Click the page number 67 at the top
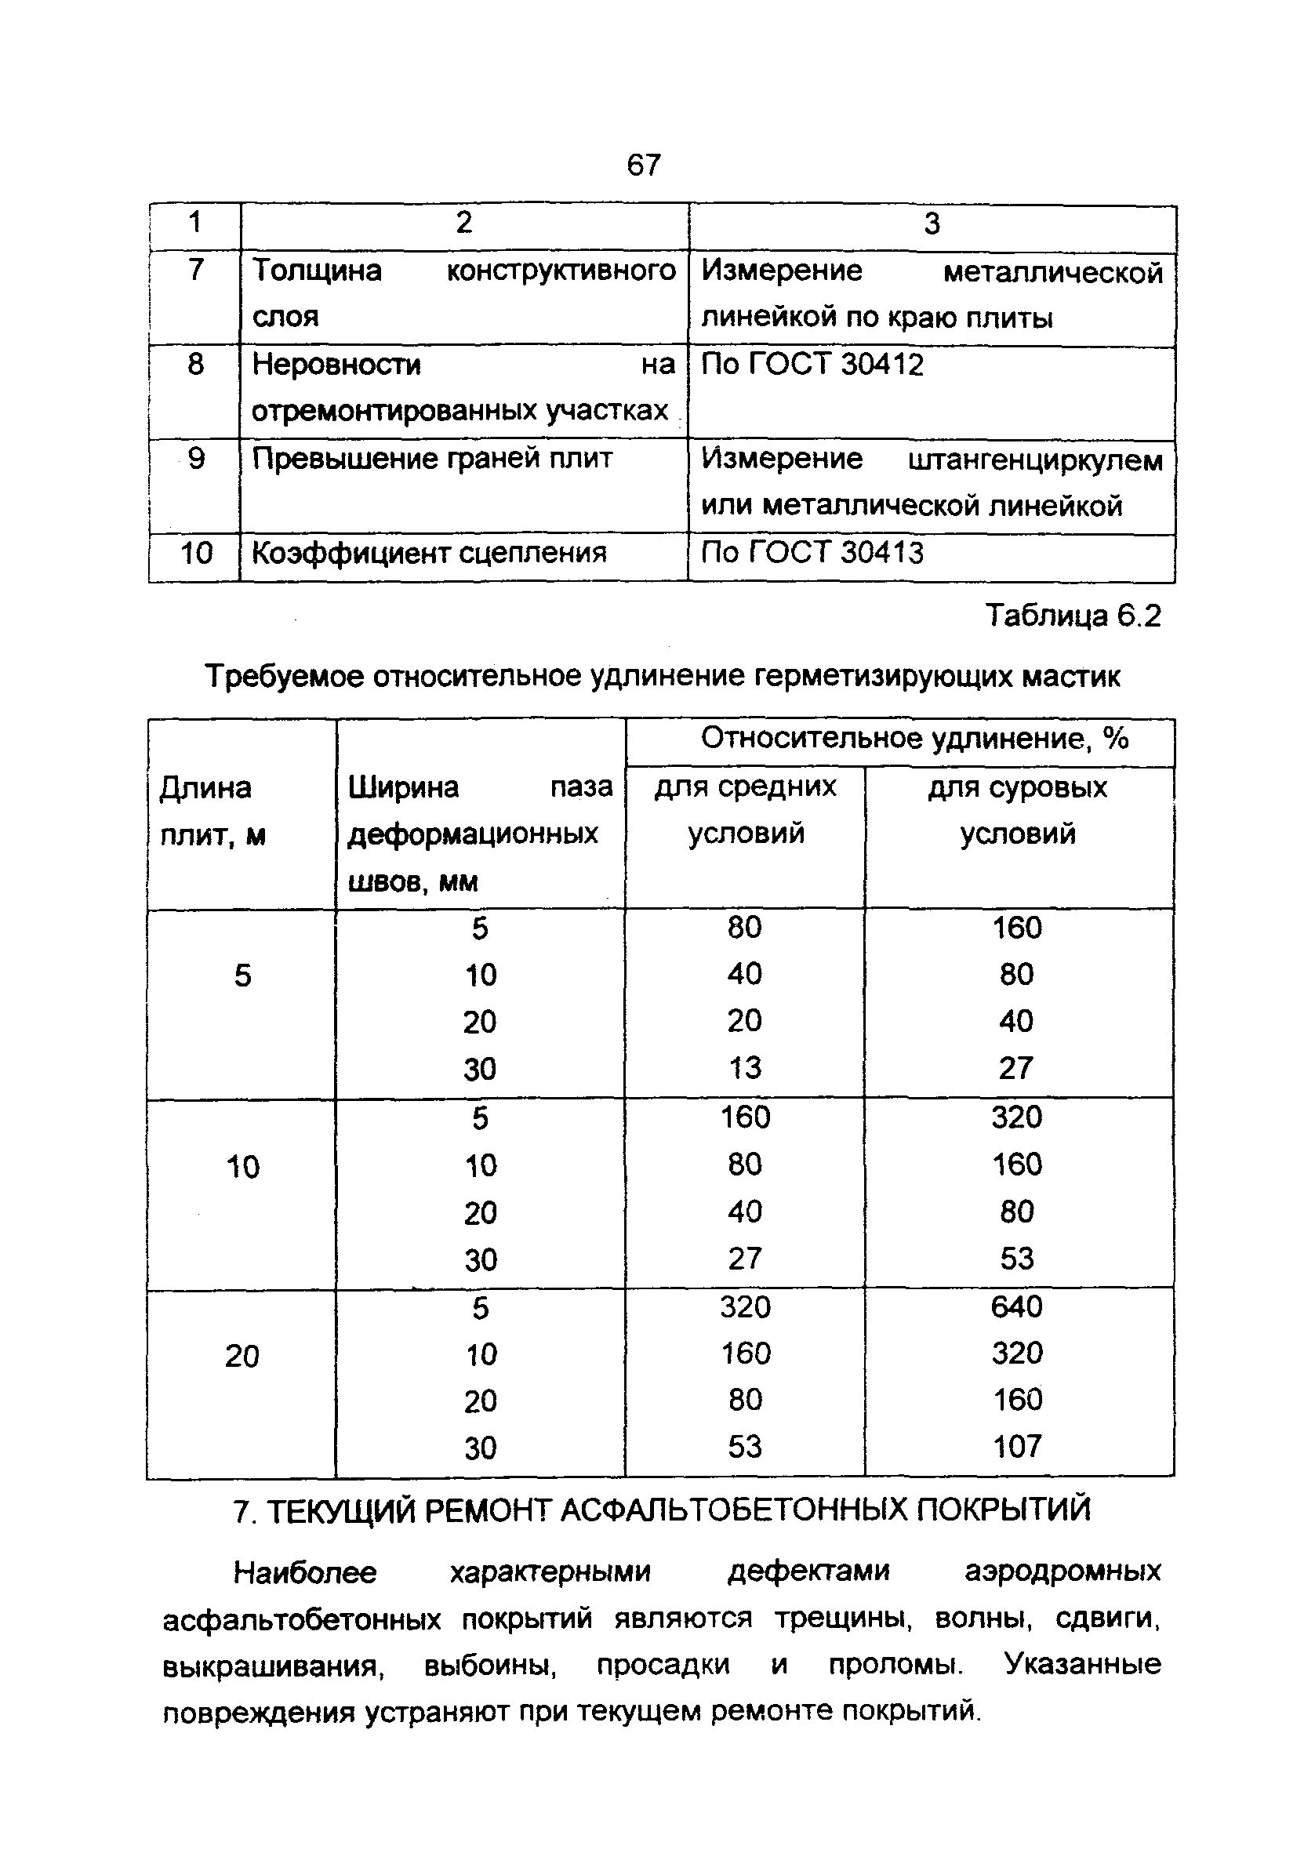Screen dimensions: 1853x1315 tap(644, 165)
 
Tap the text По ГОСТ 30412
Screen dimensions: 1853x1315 tap(812, 365)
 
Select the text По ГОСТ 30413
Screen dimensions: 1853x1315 tap(812, 553)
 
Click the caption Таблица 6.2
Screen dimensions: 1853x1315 tap(1073, 617)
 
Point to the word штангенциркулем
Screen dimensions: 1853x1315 tap(1035, 460)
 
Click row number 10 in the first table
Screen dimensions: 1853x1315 tap(195, 554)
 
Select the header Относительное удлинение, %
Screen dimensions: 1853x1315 tap(914, 738)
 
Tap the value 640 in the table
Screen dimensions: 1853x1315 tap(1016, 1306)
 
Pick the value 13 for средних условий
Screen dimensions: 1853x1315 tap(744, 1068)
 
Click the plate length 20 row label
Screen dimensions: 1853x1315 tap(242, 1356)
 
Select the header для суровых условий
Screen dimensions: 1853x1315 tap(1017, 809)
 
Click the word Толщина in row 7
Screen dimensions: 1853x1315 tap(317, 271)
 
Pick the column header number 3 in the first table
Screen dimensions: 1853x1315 tap(932, 224)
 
